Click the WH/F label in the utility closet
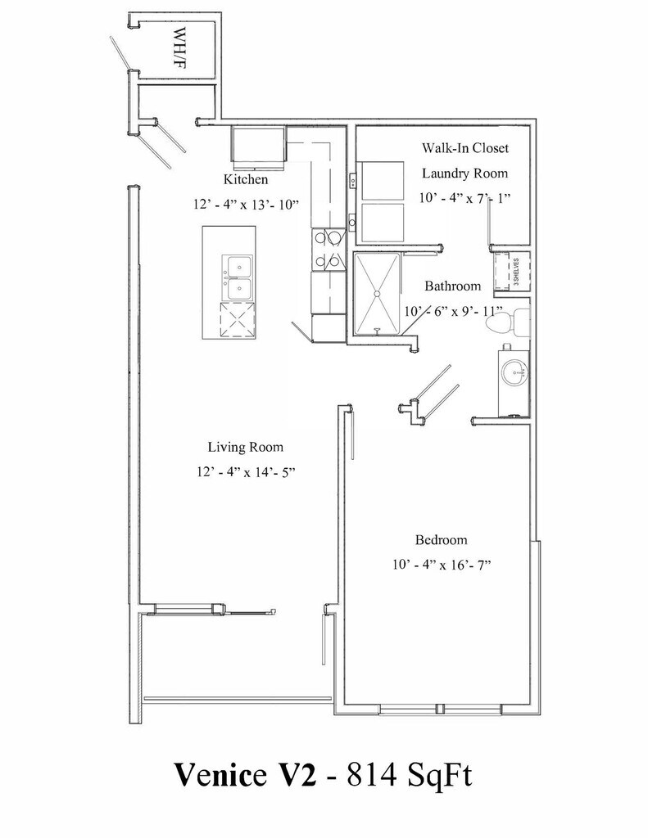(181, 47)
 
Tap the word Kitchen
(246, 179)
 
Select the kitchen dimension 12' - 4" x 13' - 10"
(247, 205)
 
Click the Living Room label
(245, 447)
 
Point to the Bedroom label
(441, 540)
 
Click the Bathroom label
(452, 286)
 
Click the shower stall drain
(378, 292)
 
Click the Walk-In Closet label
(465, 148)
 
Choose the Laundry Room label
(464, 173)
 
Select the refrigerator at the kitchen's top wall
(257, 145)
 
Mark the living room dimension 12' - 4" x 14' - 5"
(246, 472)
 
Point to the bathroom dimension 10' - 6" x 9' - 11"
(453, 312)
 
